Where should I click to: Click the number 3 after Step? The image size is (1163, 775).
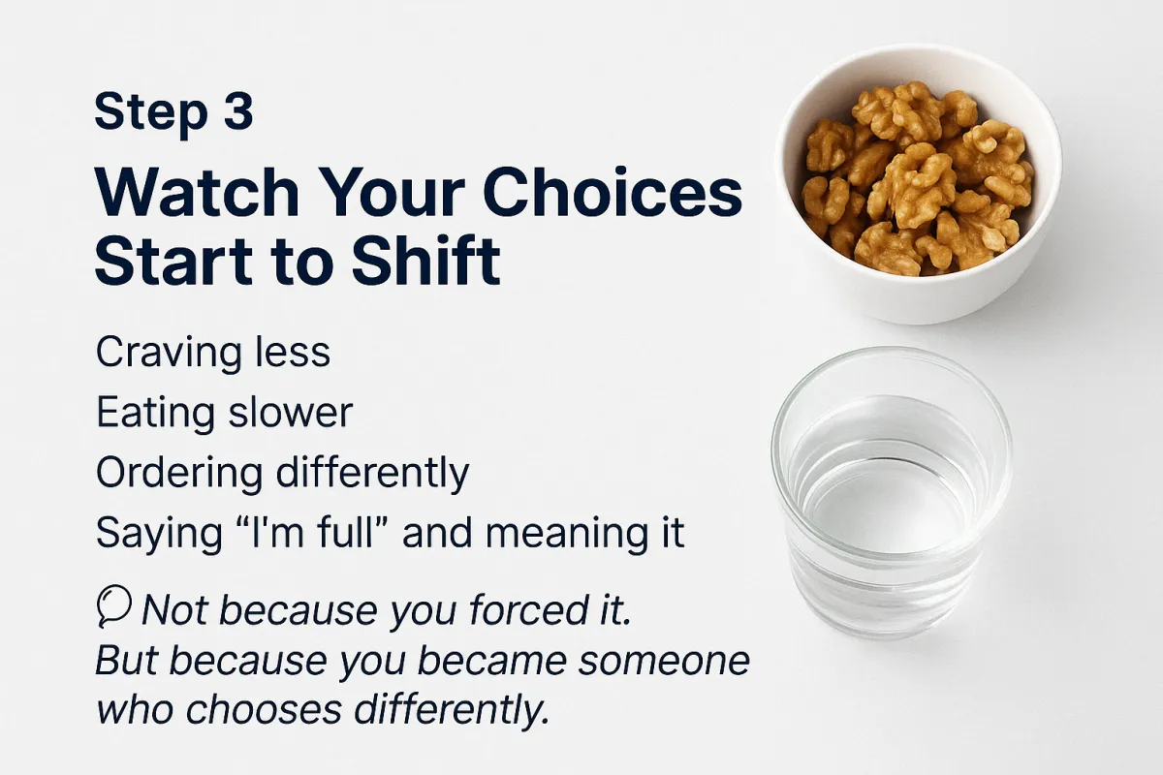pos(238,110)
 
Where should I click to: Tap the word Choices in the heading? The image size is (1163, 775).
pos(612,192)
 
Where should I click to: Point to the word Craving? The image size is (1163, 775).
pos(169,354)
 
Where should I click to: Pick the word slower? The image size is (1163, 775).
pos(291,413)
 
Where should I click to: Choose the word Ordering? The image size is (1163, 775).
pos(179,474)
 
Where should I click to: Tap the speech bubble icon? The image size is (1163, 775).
pos(113,605)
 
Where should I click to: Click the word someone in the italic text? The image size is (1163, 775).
pos(664,661)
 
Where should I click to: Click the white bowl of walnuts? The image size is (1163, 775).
pos(918,183)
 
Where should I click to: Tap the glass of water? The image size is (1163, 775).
pos(891,492)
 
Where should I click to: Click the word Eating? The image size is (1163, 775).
pos(155,414)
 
